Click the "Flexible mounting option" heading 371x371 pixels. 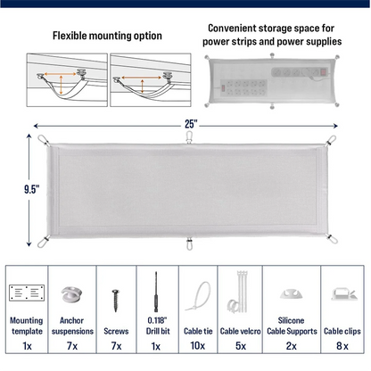(107, 37)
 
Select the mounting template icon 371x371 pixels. (25, 293)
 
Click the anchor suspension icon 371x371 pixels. (71, 293)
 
